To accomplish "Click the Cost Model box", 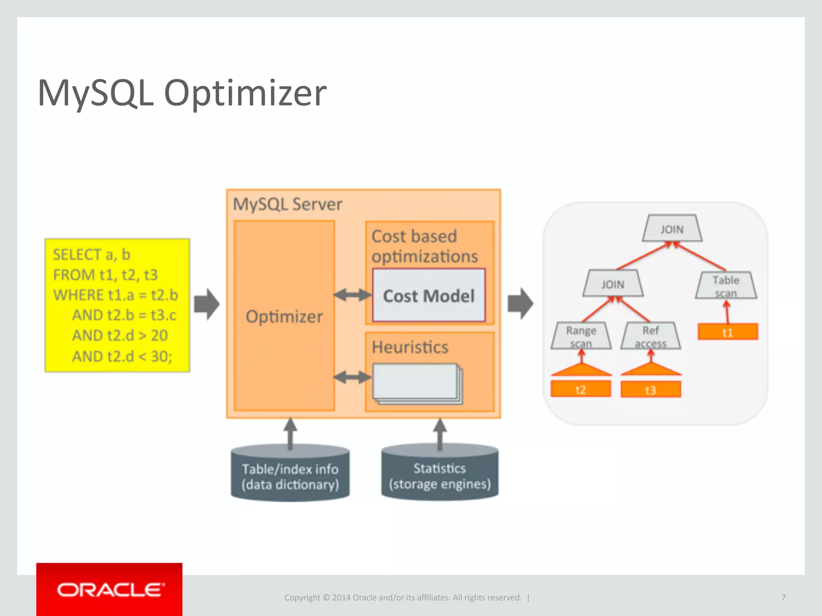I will coord(429,296).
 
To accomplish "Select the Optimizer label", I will coord(284,316).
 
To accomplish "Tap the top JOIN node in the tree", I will coord(672,229).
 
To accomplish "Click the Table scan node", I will coord(726,286).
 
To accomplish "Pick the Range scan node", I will coord(581,336).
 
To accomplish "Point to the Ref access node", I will coord(651,336).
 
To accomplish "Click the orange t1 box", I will coord(727,332).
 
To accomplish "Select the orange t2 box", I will coord(580,389).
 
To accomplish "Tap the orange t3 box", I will coord(651,389).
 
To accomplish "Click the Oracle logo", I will coord(110,590).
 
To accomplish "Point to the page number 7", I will coord(783,598).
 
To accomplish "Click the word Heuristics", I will coord(410,347).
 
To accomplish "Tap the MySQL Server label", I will coord(287,205).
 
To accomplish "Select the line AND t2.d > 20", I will coord(120,336).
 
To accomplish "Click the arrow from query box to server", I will coord(206,304).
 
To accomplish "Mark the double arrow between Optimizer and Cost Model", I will coord(352,295).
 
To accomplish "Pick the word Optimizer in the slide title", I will coord(245,93).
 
